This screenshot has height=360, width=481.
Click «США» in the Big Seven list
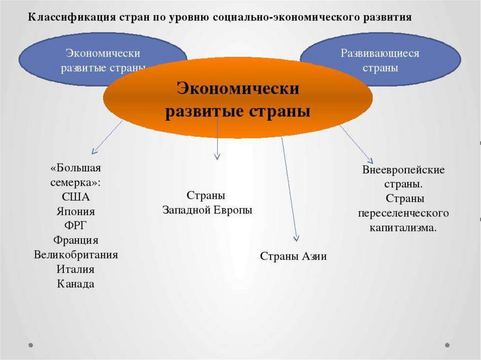pos(76,197)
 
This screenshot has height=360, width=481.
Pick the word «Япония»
pos(76,211)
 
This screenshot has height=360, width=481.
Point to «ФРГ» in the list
pos(76,226)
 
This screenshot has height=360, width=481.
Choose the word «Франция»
pos(76,240)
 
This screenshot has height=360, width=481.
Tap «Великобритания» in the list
pos(76,255)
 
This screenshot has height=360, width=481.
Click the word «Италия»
pos(76,269)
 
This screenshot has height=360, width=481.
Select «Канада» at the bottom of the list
pos(76,284)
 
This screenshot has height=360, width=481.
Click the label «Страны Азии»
pos(293,256)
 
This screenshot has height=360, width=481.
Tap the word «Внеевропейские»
pos(403,169)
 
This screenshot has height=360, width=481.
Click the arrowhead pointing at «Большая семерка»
pos(94,152)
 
